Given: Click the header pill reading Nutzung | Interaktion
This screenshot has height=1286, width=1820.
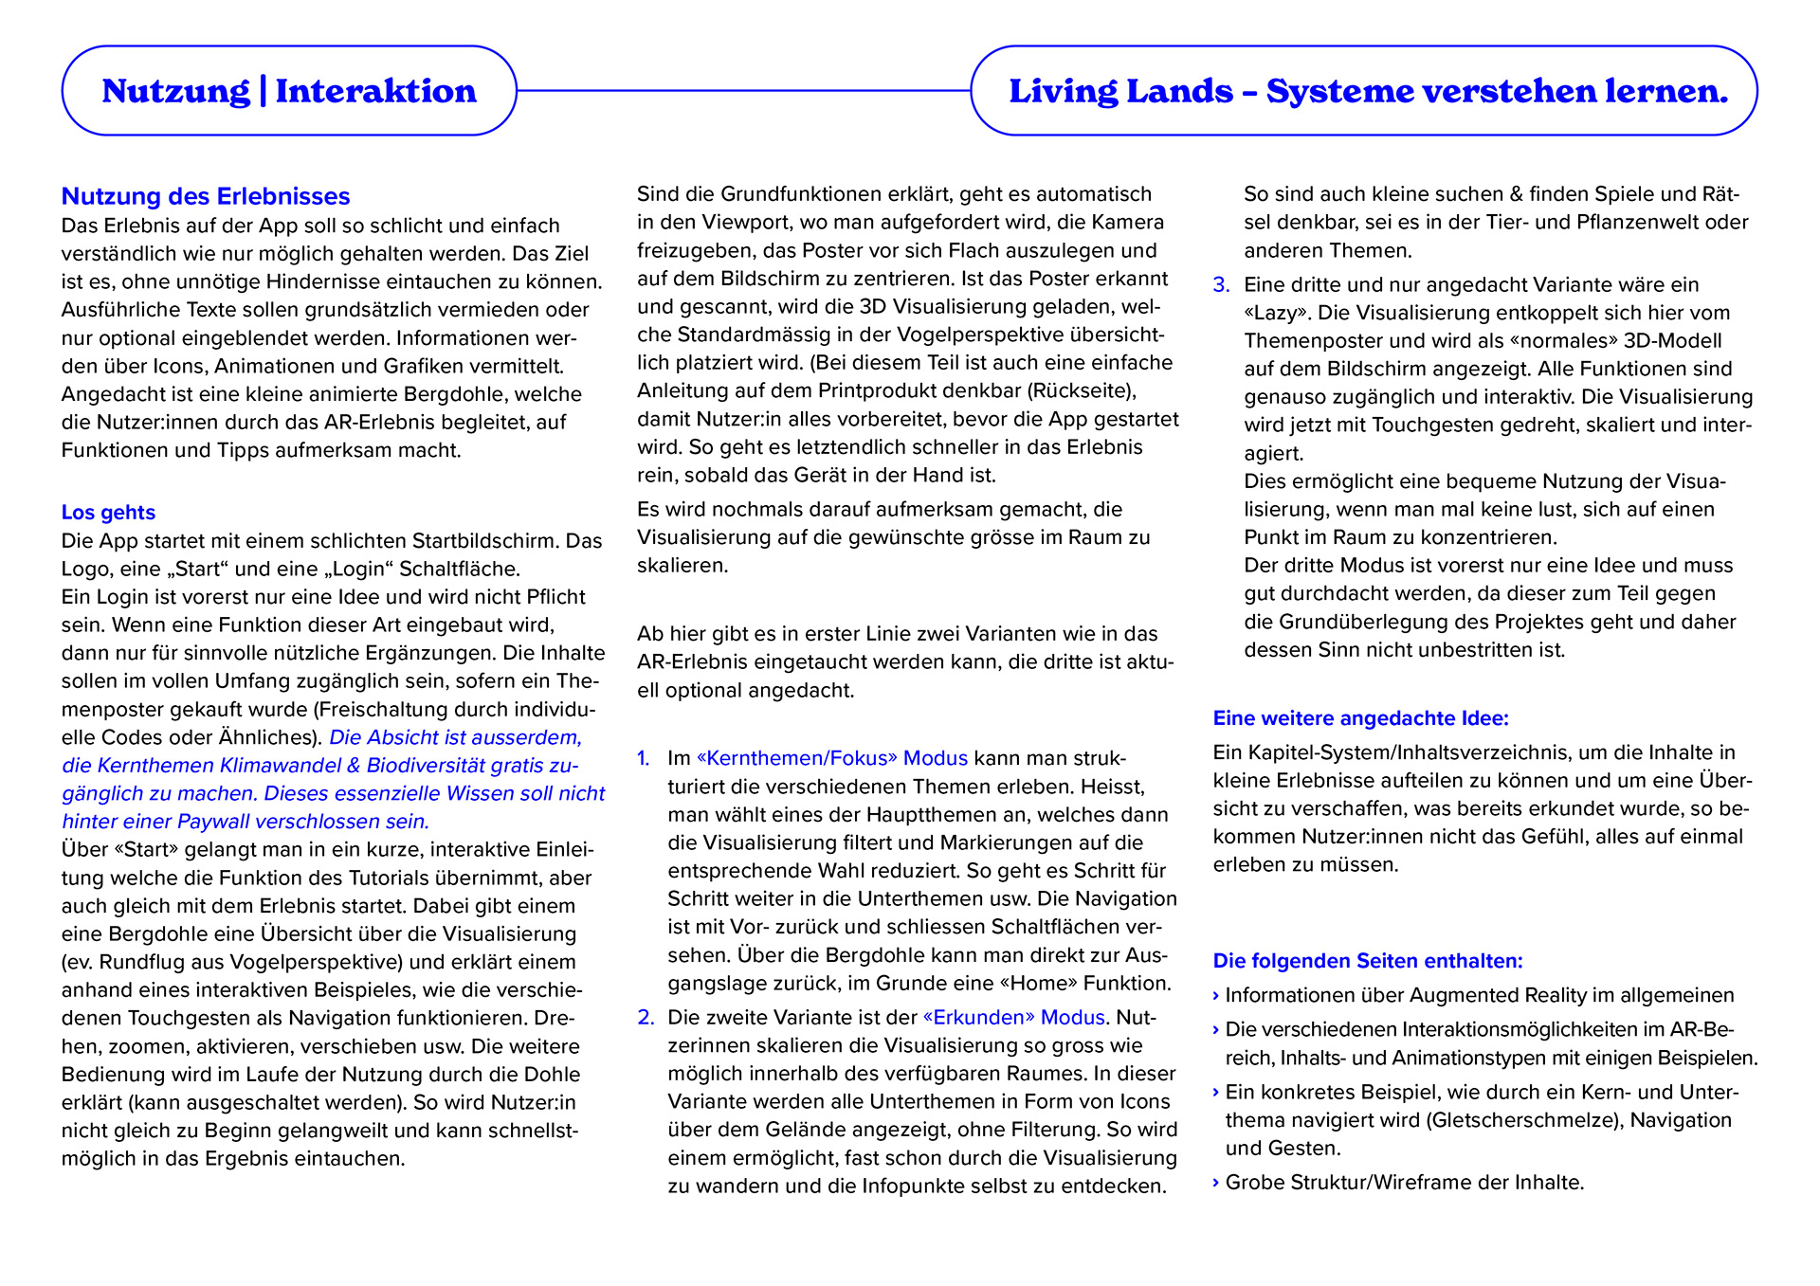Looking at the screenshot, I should point(289,91).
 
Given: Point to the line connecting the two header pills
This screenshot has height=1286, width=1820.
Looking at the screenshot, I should point(744,91).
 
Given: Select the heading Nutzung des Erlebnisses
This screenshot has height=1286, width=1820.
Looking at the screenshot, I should point(206,196).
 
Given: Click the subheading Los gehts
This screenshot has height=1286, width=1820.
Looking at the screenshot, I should point(108,513).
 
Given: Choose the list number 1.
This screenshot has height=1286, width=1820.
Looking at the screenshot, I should point(643,758).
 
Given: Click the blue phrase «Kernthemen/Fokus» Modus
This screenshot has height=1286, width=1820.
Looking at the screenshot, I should point(831,758).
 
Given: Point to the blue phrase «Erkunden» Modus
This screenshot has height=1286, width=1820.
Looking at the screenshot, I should point(1013,1017).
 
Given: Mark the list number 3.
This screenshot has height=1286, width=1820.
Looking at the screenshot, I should point(1221,284).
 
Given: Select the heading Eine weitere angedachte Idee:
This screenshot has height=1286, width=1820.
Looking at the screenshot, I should point(1360,718).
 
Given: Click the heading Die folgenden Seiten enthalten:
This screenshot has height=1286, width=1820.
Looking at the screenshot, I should point(1367,961).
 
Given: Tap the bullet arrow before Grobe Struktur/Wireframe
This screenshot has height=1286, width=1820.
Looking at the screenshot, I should point(1216,1183).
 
